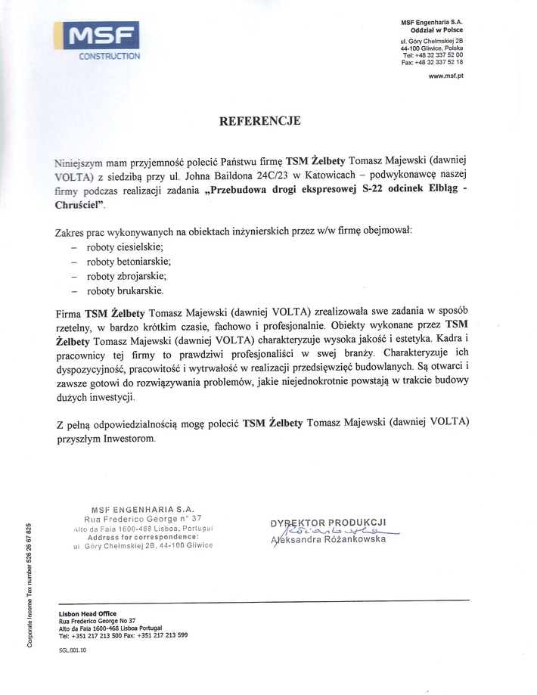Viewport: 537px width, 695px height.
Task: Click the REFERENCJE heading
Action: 260,120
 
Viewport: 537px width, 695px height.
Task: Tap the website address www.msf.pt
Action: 445,77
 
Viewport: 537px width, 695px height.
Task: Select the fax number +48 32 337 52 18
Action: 433,63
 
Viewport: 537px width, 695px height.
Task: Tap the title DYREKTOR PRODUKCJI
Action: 327,521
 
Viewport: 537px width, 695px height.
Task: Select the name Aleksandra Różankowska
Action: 327,539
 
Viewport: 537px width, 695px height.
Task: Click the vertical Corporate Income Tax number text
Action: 29,584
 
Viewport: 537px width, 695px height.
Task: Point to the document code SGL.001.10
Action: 72,650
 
